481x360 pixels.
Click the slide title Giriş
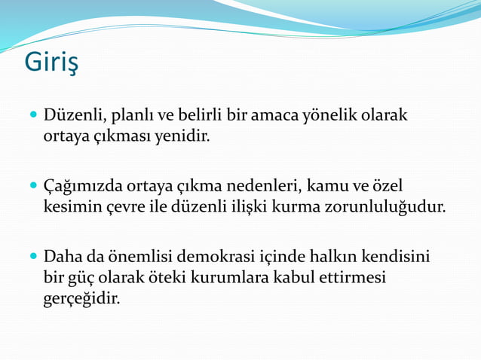click(51, 63)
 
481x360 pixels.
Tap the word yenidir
click(185, 137)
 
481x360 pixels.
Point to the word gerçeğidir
click(81, 298)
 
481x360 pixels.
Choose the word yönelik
click(329, 117)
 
